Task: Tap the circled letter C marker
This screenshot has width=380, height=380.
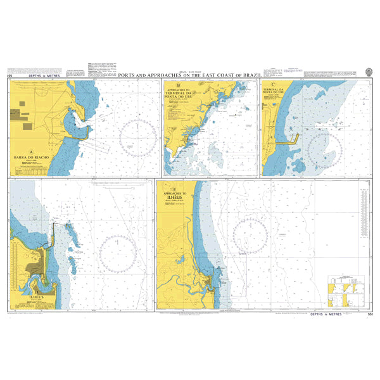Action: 273,84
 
